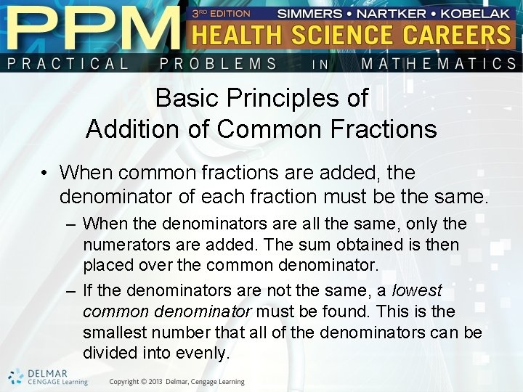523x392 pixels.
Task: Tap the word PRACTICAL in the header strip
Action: tap(68, 64)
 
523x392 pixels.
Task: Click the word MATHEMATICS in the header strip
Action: tap(439, 64)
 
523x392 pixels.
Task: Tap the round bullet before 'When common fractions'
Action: tap(45, 173)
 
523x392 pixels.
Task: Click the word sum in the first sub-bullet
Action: tap(299, 245)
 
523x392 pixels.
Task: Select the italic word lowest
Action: tap(416, 291)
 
